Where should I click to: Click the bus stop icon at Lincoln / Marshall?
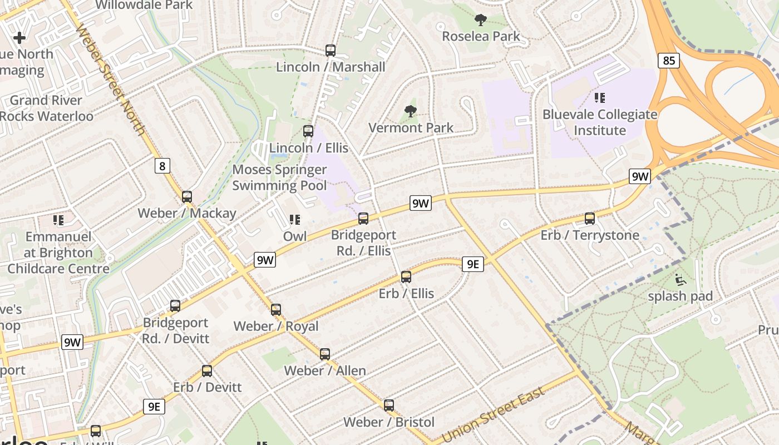[x=331, y=51]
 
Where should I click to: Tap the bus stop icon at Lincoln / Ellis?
[x=308, y=131]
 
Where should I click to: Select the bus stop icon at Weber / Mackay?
[x=187, y=196]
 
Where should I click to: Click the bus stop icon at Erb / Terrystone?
[x=590, y=219]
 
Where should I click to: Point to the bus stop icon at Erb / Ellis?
[x=406, y=276]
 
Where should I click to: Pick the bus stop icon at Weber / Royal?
[x=276, y=309]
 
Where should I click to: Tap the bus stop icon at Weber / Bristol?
[x=389, y=406]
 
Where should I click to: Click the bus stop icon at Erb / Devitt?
[x=207, y=370]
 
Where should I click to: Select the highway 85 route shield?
[x=669, y=60]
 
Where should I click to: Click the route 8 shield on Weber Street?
[x=162, y=166]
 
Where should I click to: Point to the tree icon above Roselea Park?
[x=481, y=20]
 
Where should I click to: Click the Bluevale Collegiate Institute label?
[x=600, y=122]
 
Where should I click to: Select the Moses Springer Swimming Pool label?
[x=279, y=177]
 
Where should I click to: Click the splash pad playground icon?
[x=680, y=279]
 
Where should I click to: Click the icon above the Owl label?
[x=295, y=220]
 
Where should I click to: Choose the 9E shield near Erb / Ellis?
[x=472, y=264]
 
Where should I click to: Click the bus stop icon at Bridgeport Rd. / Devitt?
[x=175, y=305]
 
